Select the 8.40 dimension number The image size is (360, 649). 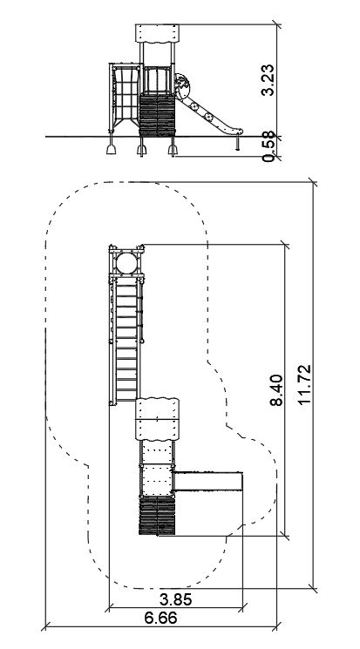pos(276,390)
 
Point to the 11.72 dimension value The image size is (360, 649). pos(303,384)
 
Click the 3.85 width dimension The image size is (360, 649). pos(176,599)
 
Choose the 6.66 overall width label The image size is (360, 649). pos(160,618)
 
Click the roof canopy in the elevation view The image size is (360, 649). pos(158,33)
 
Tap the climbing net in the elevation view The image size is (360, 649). pos(125,96)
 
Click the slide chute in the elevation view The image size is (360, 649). pos(207,114)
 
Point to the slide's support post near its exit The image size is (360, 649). pos(238,142)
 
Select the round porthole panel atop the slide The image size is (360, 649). pos(182,86)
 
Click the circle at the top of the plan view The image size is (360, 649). pos(126,263)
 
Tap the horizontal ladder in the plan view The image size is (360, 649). pos(126,340)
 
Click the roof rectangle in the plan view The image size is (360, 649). pos(158,419)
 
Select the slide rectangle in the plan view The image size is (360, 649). pos(207,481)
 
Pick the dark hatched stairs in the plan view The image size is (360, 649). pos(158,516)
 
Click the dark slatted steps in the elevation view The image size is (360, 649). pos(158,116)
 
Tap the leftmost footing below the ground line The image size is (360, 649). pos(111,145)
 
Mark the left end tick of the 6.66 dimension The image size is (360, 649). pos(45,626)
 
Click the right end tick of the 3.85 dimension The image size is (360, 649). pos(243,608)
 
